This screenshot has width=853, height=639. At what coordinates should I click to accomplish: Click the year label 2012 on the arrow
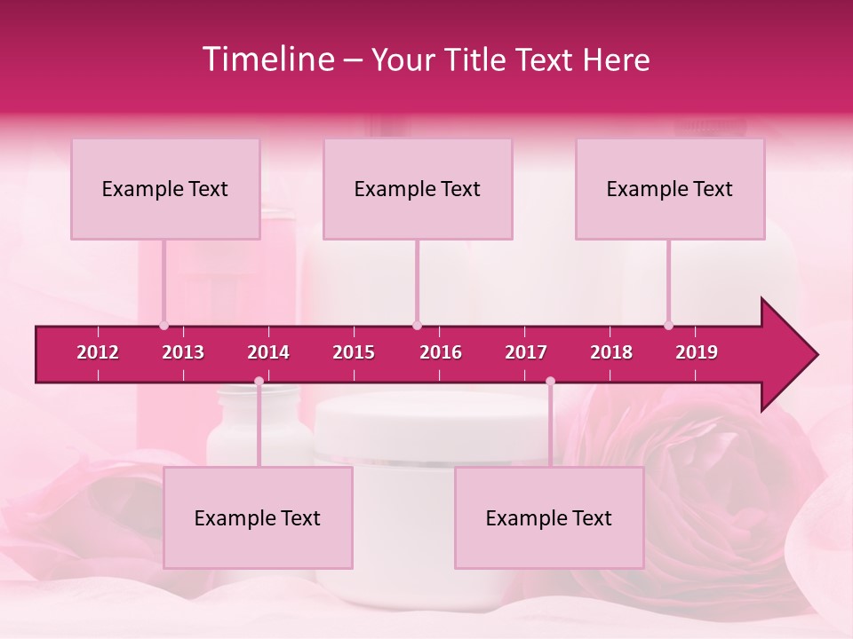coord(98,352)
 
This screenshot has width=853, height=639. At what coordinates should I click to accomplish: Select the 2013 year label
coord(183,352)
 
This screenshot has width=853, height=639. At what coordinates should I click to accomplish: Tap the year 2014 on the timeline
coord(268,352)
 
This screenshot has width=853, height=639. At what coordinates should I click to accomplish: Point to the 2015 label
coord(354,352)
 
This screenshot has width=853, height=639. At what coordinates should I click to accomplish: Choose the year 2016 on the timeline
coord(441,352)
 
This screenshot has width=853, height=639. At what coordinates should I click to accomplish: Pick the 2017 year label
coord(526,352)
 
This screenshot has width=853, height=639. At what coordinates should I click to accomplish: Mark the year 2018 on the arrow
coord(611,352)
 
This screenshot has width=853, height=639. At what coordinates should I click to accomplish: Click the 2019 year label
coord(697,352)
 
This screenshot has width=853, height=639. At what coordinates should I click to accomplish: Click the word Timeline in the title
coord(266,59)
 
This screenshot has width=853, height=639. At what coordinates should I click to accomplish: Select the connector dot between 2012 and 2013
coord(163,326)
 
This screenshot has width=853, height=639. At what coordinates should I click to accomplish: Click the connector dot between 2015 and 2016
coord(417,326)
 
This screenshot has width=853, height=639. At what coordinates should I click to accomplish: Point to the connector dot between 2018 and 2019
coord(668,326)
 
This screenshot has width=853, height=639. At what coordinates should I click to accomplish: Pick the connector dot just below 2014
coord(259,382)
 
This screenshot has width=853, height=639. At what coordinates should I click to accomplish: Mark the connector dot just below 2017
coord(550,382)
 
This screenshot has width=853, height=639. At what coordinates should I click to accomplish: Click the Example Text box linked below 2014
coord(258,518)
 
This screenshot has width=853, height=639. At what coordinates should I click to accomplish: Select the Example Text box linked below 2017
coord(549,518)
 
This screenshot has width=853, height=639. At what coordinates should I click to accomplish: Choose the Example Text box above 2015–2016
coord(418,189)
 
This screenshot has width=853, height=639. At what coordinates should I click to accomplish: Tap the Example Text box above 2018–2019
coord(670,189)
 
